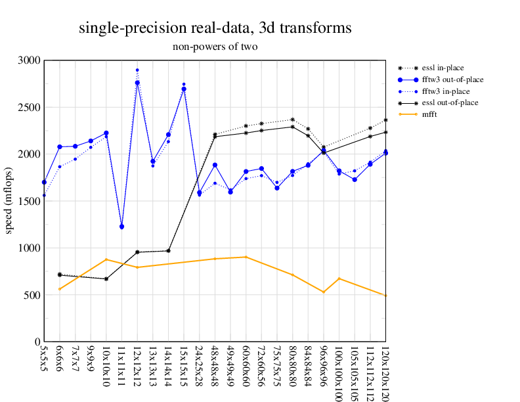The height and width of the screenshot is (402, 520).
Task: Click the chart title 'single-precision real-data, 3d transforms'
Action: [214, 28]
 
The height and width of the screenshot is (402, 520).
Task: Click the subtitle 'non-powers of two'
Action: [215, 47]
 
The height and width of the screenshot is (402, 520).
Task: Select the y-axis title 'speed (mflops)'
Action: [9, 201]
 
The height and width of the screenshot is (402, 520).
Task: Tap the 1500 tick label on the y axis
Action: [29, 201]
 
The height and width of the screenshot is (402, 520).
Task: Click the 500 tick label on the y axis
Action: [32, 295]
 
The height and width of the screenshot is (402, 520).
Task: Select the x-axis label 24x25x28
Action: [200, 368]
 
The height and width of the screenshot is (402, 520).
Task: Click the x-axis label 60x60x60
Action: [246, 368]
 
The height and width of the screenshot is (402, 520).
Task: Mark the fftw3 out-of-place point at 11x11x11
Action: [121, 227]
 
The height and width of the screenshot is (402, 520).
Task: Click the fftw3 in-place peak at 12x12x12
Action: [137, 70]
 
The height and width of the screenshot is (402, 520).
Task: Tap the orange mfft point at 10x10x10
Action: [106, 259]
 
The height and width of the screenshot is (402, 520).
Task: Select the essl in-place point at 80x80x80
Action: [293, 120]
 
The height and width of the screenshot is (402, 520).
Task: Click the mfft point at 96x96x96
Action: [324, 292]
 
